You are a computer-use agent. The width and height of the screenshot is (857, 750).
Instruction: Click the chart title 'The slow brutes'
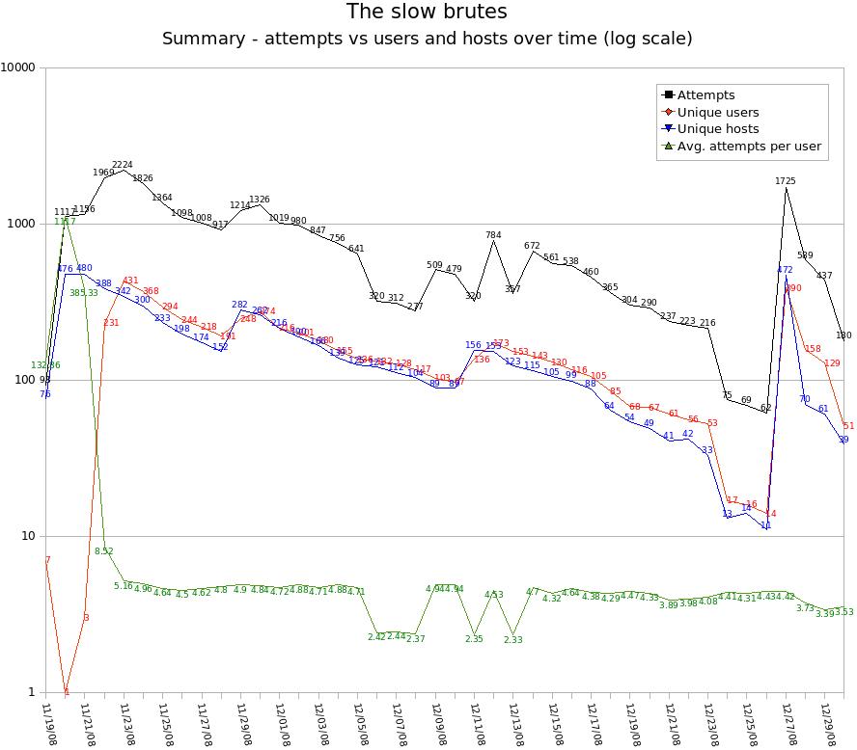[427, 13]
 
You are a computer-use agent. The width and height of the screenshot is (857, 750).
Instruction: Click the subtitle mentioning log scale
[427, 40]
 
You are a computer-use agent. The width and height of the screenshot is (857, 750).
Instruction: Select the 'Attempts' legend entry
[705, 94]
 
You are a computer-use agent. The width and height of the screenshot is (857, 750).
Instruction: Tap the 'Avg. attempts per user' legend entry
[749, 147]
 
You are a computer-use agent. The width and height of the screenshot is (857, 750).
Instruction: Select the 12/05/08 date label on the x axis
[365, 723]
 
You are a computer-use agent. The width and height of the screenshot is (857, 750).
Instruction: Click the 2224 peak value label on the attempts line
[123, 165]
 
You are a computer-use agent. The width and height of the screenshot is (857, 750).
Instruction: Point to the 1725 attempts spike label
[786, 180]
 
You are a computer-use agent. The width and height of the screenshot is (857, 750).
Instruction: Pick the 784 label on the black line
[493, 235]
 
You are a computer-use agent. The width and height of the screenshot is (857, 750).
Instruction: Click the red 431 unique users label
[130, 281]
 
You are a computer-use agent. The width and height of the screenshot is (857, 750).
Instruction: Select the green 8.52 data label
[104, 551]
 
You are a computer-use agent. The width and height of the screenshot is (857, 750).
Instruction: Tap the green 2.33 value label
[512, 639]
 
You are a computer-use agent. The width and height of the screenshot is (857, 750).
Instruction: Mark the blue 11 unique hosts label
[766, 526]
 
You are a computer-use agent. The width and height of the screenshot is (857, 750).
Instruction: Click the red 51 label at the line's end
[848, 426]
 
